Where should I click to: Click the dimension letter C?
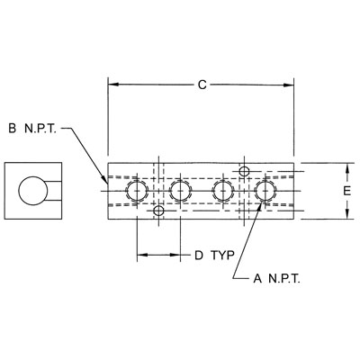[x=202, y=85]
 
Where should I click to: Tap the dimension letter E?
[x=347, y=191]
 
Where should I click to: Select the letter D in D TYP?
[x=199, y=256]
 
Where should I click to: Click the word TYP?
[x=222, y=256]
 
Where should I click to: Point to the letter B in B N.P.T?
[x=12, y=129]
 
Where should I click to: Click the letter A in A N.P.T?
[x=257, y=279]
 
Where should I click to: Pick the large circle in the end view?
[x=33, y=191]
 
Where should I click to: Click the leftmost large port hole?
[x=137, y=191]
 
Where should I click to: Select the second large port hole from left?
[x=180, y=191]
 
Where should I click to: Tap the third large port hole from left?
[x=223, y=191]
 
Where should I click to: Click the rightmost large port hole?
[x=265, y=191]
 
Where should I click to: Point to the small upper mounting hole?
[x=244, y=172]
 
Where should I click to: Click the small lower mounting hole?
[x=158, y=211]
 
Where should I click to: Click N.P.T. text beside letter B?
[x=40, y=129]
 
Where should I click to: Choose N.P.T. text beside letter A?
[x=284, y=279]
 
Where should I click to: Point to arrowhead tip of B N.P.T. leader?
[x=107, y=184]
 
